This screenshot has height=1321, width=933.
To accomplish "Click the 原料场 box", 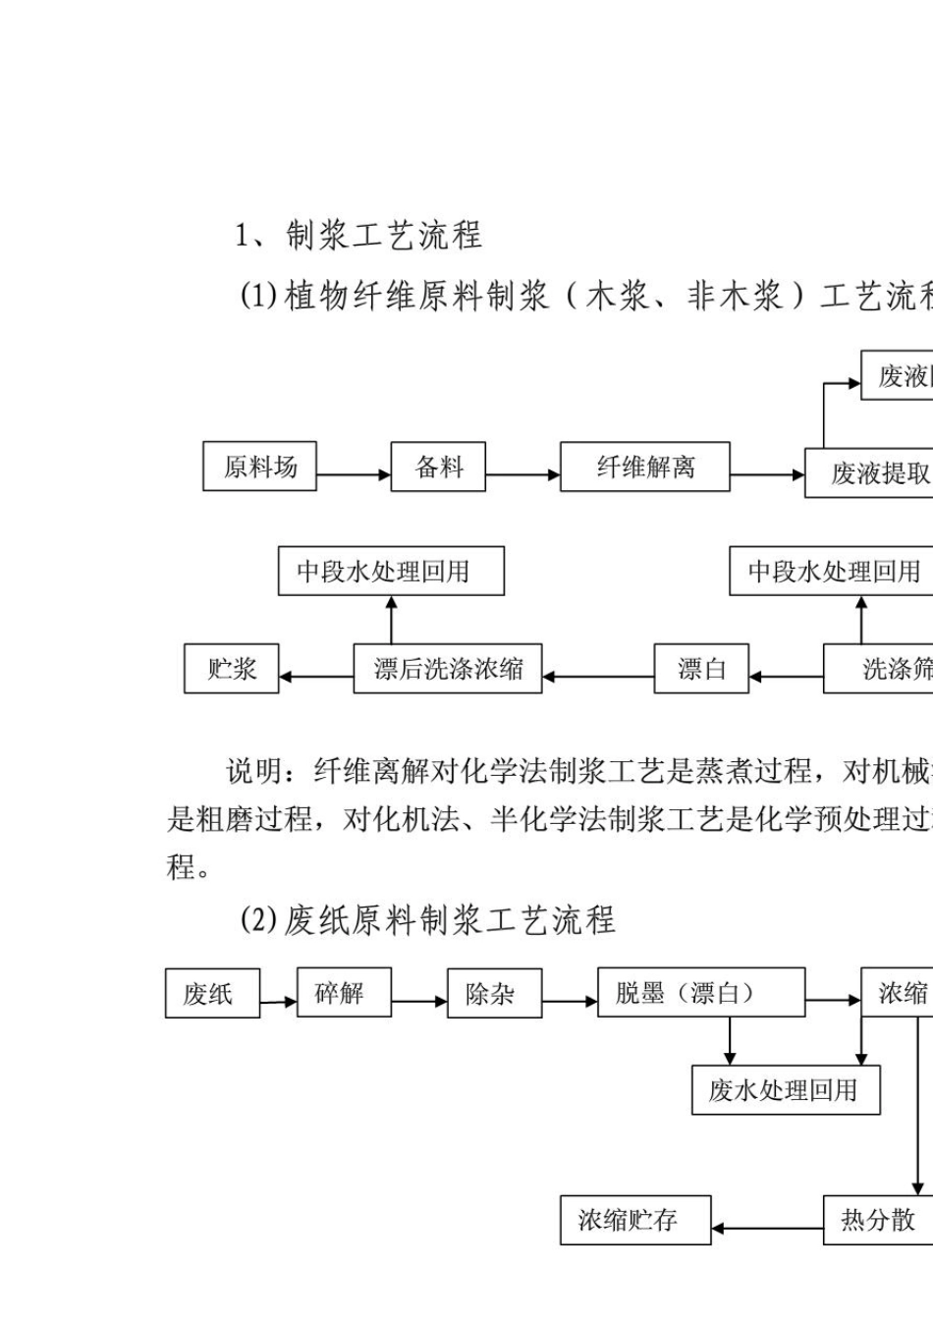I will pyautogui.click(x=259, y=467).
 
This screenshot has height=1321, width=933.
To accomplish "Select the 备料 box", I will pyautogui.click(x=439, y=467).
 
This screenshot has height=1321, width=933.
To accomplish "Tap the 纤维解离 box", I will pyautogui.click(x=644, y=467).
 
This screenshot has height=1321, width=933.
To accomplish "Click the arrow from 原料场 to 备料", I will pyautogui.click(x=354, y=475).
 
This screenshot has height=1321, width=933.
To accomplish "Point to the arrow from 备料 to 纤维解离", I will pyautogui.click(x=523, y=475).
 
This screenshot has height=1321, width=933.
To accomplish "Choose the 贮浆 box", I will pyautogui.click(x=231, y=669).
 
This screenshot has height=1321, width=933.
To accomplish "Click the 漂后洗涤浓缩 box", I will pyautogui.click(x=448, y=669).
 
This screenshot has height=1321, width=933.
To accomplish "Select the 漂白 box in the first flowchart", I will pyautogui.click(x=701, y=669).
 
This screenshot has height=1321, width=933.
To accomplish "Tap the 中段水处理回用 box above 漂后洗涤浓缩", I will pyautogui.click(x=391, y=572).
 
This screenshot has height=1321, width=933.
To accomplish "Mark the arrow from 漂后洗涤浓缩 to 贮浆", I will pyautogui.click(x=316, y=677).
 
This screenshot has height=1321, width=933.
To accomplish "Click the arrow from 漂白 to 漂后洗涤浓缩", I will pyautogui.click(x=598, y=677).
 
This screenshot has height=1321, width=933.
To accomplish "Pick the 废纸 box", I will pyautogui.click(x=212, y=993).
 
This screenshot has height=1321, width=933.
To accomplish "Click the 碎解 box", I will pyautogui.click(x=344, y=992).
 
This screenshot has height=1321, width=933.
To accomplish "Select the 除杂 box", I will pyautogui.click(x=494, y=993).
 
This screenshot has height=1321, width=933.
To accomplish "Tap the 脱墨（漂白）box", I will pyautogui.click(x=700, y=992).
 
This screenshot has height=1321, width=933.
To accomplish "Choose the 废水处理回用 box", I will pyautogui.click(x=785, y=1090).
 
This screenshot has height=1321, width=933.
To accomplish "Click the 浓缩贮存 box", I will pyautogui.click(x=635, y=1220).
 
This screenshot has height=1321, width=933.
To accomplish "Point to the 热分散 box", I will pyautogui.click(x=877, y=1220).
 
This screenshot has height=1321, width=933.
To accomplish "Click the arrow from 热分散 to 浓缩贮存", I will pyautogui.click(x=767, y=1228).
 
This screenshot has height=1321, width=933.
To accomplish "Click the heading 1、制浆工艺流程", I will pyautogui.click(x=358, y=236).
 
